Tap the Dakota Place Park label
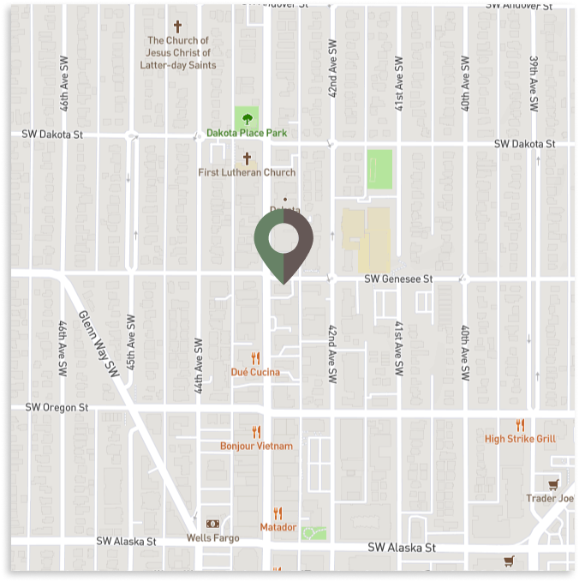[x=247, y=134]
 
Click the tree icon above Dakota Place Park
[x=247, y=117]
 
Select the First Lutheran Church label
[x=247, y=172]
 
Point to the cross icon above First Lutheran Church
[x=247, y=159]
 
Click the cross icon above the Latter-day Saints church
[x=178, y=27]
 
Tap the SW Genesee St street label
[x=398, y=279]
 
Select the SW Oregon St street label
[x=57, y=407]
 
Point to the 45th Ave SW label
[x=131, y=341]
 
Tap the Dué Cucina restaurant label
[x=255, y=372]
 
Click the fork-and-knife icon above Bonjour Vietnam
[x=255, y=432]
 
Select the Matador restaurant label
[x=278, y=527]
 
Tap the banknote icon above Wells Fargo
[x=212, y=524]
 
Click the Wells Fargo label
[x=212, y=538]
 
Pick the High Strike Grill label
[x=520, y=439]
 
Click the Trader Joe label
[x=549, y=498]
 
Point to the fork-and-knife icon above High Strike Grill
[x=520, y=425]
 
